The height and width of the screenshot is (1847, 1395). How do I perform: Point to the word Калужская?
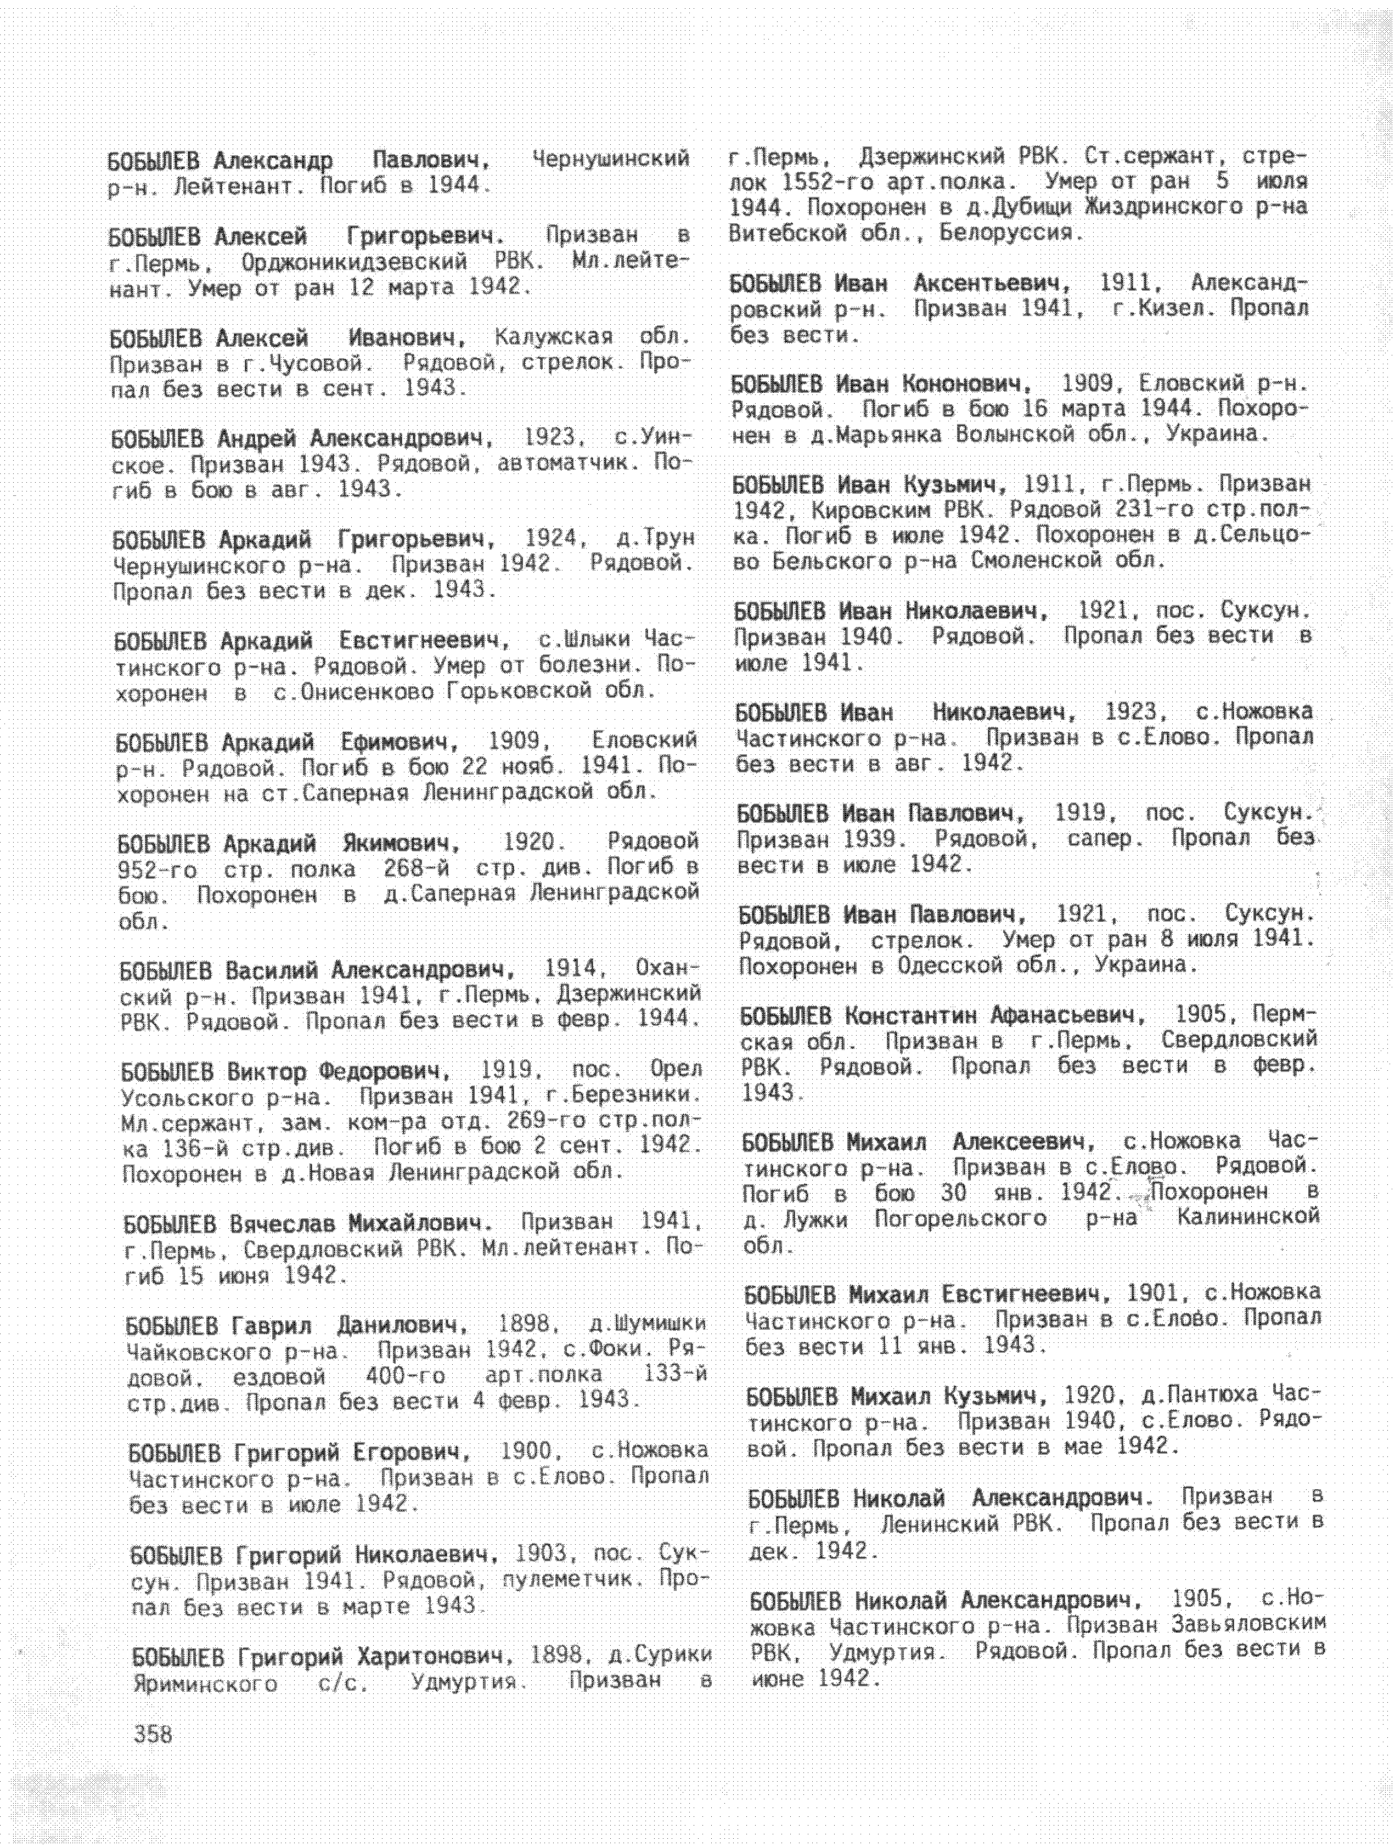point(553,337)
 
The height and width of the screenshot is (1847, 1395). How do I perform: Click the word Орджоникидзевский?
point(354,262)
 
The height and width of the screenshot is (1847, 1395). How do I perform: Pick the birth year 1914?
point(571,969)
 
